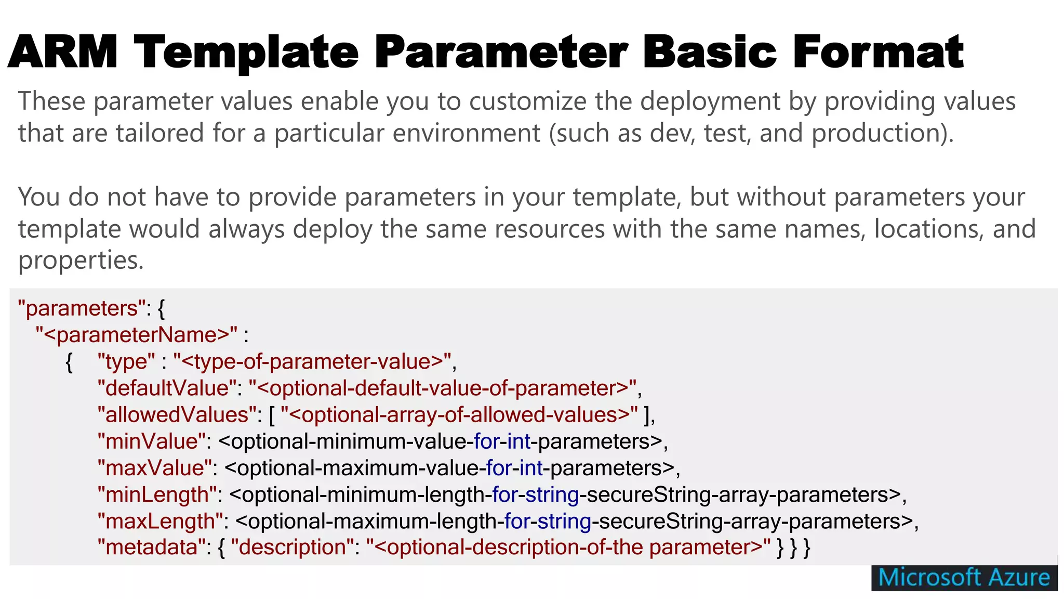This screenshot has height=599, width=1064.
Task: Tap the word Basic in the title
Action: click(710, 52)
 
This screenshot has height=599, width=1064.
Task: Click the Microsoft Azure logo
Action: click(964, 578)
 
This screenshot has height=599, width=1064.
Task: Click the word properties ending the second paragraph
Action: click(81, 260)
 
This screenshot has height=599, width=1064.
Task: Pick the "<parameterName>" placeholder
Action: click(137, 335)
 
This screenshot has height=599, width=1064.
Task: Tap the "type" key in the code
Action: click(126, 361)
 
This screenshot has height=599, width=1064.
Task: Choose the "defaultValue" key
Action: click(167, 388)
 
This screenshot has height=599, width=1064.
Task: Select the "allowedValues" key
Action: click(177, 415)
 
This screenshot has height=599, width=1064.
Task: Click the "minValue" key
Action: click(151, 441)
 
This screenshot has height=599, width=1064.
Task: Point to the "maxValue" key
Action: click(154, 468)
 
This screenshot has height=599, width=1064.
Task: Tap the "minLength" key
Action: click(157, 494)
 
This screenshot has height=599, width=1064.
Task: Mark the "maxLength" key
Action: click(160, 521)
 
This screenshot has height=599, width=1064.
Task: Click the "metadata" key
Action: click(151, 547)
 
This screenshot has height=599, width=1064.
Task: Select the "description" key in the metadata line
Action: click(292, 547)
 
